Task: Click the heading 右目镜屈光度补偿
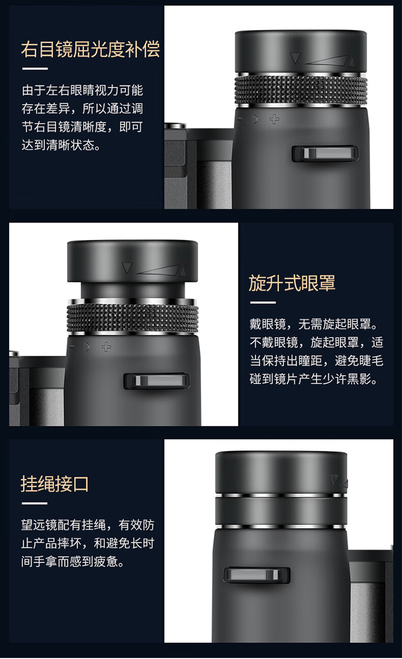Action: (x=91, y=49)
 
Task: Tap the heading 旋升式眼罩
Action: (x=292, y=283)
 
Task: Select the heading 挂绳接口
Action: (x=55, y=483)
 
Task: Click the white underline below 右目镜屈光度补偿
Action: (x=35, y=69)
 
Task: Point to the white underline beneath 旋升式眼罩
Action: (x=263, y=302)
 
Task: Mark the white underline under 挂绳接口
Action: (x=34, y=503)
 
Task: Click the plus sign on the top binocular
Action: (x=274, y=119)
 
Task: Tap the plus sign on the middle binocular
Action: (x=106, y=347)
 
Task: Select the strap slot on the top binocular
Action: (x=325, y=154)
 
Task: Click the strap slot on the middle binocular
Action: (x=157, y=381)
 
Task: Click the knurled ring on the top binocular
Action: (x=301, y=91)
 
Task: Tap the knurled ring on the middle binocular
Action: (x=133, y=319)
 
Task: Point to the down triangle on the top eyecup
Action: (x=295, y=58)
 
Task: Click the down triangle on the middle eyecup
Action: (x=127, y=268)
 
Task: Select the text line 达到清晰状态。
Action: (x=61, y=145)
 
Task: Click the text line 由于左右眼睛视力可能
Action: (x=83, y=91)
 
